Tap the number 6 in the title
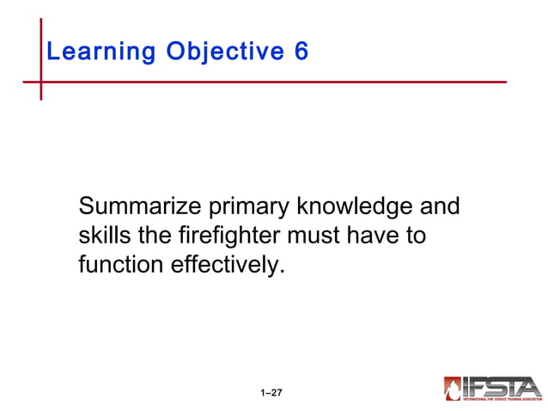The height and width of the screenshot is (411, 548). (301, 52)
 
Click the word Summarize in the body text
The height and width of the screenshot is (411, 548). (139, 208)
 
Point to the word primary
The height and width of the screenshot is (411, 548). (248, 208)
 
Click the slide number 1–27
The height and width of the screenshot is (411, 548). (271, 393)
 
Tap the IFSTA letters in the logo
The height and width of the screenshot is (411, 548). (502, 386)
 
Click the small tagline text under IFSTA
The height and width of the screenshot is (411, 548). (502, 401)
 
